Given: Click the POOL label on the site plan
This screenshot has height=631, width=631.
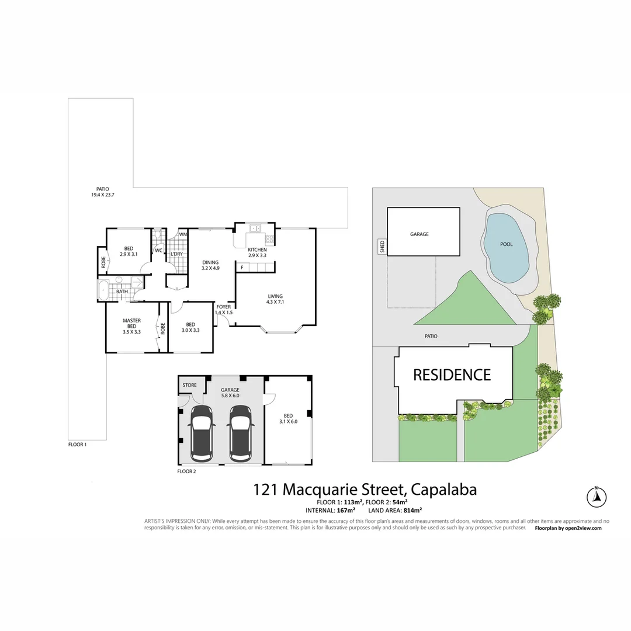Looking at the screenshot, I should click(507, 244).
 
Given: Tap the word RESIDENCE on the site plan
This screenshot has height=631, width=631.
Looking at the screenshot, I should click(452, 375).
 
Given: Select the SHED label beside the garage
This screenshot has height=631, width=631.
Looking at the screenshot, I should click(382, 247).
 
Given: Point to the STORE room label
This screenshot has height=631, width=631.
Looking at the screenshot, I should click(189, 385).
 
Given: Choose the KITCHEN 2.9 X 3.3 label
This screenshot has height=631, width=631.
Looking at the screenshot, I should click(257, 252).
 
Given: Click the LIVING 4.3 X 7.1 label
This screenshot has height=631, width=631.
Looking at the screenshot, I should click(275, 299).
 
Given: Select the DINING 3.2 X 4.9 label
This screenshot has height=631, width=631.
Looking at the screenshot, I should click(210, 265).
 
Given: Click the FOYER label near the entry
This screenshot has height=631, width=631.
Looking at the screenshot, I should click(224, 309).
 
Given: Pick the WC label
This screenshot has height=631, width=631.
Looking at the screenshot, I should click(158, 251).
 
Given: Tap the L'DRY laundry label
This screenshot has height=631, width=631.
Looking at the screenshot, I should click(176, 254).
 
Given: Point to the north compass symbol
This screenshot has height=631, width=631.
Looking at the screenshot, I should click(596, 497).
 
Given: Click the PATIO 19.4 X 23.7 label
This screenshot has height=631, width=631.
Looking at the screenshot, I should click(103, 192).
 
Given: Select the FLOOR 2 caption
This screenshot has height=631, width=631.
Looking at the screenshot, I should click(186, 471).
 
